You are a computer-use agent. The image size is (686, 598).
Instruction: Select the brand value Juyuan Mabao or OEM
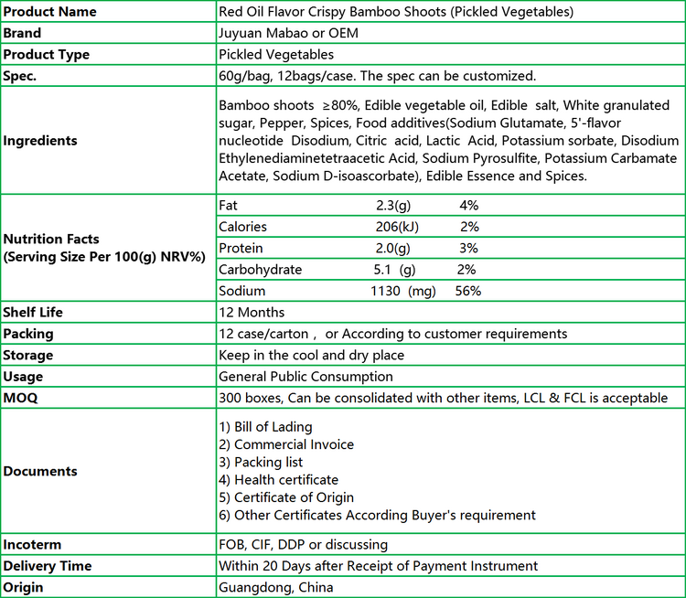pyautogui.click(x=288, y=33)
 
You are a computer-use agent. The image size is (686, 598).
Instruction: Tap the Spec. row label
pyautogui.click(x=21, y=75)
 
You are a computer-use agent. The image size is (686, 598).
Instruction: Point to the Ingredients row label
pyautogui.click(x=40, y=141)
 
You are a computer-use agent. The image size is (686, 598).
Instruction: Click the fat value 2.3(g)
pyautogui.click(x=393, y=206)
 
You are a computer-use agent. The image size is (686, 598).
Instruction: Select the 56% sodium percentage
pyautogui.click(x=468, y=291)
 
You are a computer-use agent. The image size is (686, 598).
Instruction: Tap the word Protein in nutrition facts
pyautogui.click(x=241, y=249)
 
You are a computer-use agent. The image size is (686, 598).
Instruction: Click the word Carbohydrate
pyautogui.click(x=260, y=270)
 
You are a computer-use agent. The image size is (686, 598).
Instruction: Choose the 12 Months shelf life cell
pyautogui.click(x=252, y=313)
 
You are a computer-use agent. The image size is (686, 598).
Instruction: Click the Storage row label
pyautogui.click(x=28, y=355)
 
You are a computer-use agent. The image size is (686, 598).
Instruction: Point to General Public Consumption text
pyautogui.click(x=305, y=377)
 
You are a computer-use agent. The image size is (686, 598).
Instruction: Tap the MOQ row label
pyautogui.click(x=21, y=398)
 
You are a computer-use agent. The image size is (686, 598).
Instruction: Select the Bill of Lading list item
pyautogui.click(x=265, y=427)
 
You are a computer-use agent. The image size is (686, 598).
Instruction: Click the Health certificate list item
pyautogui.click(x=278, y=480)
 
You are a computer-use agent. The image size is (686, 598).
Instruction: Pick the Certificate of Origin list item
pyautogui.click(x=286, y=497)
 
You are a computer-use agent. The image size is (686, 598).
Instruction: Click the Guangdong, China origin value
pyautogui.click(x=275, y=587)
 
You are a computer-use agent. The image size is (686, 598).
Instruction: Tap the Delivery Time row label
pyautogui.click(x=48, y=566)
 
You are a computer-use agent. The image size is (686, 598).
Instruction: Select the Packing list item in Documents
pyautogui.click(x=261, y=462)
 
